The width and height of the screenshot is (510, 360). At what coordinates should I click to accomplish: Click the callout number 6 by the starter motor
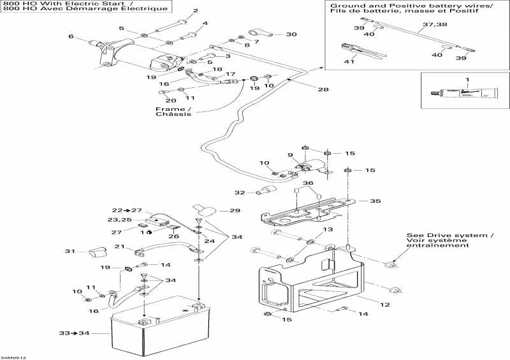[71, 36]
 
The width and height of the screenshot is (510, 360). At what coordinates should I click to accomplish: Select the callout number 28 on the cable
[323, 89]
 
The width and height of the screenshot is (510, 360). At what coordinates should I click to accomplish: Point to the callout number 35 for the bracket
[375, 201]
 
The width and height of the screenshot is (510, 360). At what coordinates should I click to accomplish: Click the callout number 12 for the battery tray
[384, 305]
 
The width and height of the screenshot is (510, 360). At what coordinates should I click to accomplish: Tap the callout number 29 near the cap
[217, 210]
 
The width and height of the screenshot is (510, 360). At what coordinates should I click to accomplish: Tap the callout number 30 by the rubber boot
[291, 34]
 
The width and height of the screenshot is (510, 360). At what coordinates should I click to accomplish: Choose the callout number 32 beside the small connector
[240, 192]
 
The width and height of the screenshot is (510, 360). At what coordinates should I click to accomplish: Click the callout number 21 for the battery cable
[119, 247]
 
